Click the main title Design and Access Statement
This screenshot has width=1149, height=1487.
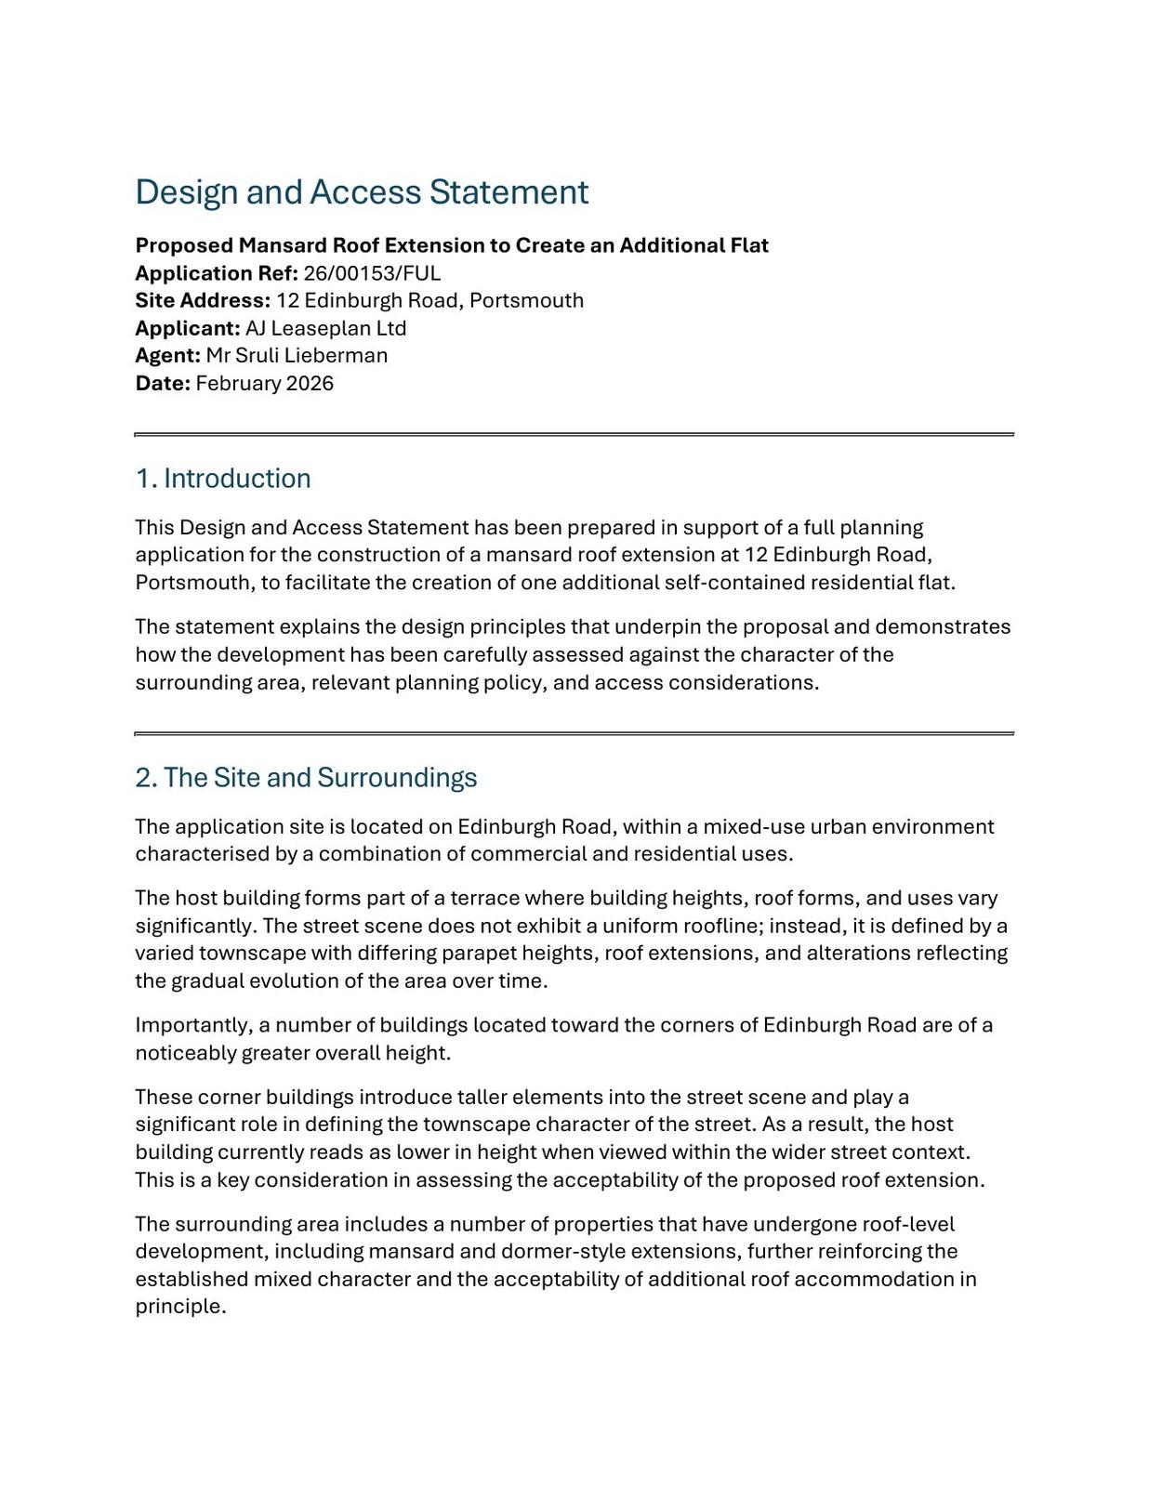pyautogui.click(x=362, y=192)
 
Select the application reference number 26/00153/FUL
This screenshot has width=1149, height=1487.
pyautogui.click(x=372, y=273)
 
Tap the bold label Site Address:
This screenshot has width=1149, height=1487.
pyautogui.click(x=203, y=300)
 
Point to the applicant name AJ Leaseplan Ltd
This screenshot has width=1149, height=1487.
pyautogui.click(x=325, y=328)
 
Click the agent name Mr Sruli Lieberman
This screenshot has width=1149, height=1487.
pyautogui.click(x=297, y=355)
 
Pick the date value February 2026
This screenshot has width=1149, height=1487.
pyautogui.click(x=264, y=383)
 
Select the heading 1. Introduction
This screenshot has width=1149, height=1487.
pyautogui.click(x=223, y=479)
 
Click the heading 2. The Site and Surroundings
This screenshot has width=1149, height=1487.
pyautogui.click(x=306, y=778)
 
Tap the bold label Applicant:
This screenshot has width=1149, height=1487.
pyautogui.click(x=188, y=328)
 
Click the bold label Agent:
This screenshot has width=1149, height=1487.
pyautogui.click(x=168, y=355)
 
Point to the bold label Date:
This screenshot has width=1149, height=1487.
pyautogui.click(x=163, y=383)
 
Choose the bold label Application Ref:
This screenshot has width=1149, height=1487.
pyautogui.click(x=217, y=273)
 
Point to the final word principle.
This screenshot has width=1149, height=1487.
pyautogui.click(x=180, y=1306)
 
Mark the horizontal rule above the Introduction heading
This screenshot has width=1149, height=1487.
pyautogui.click(x=574, y=434)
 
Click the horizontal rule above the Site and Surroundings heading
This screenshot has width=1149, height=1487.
pyautogui.click(x=574, y=733)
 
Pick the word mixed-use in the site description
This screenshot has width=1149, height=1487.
pyautogui.click(x=753, y=826)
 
